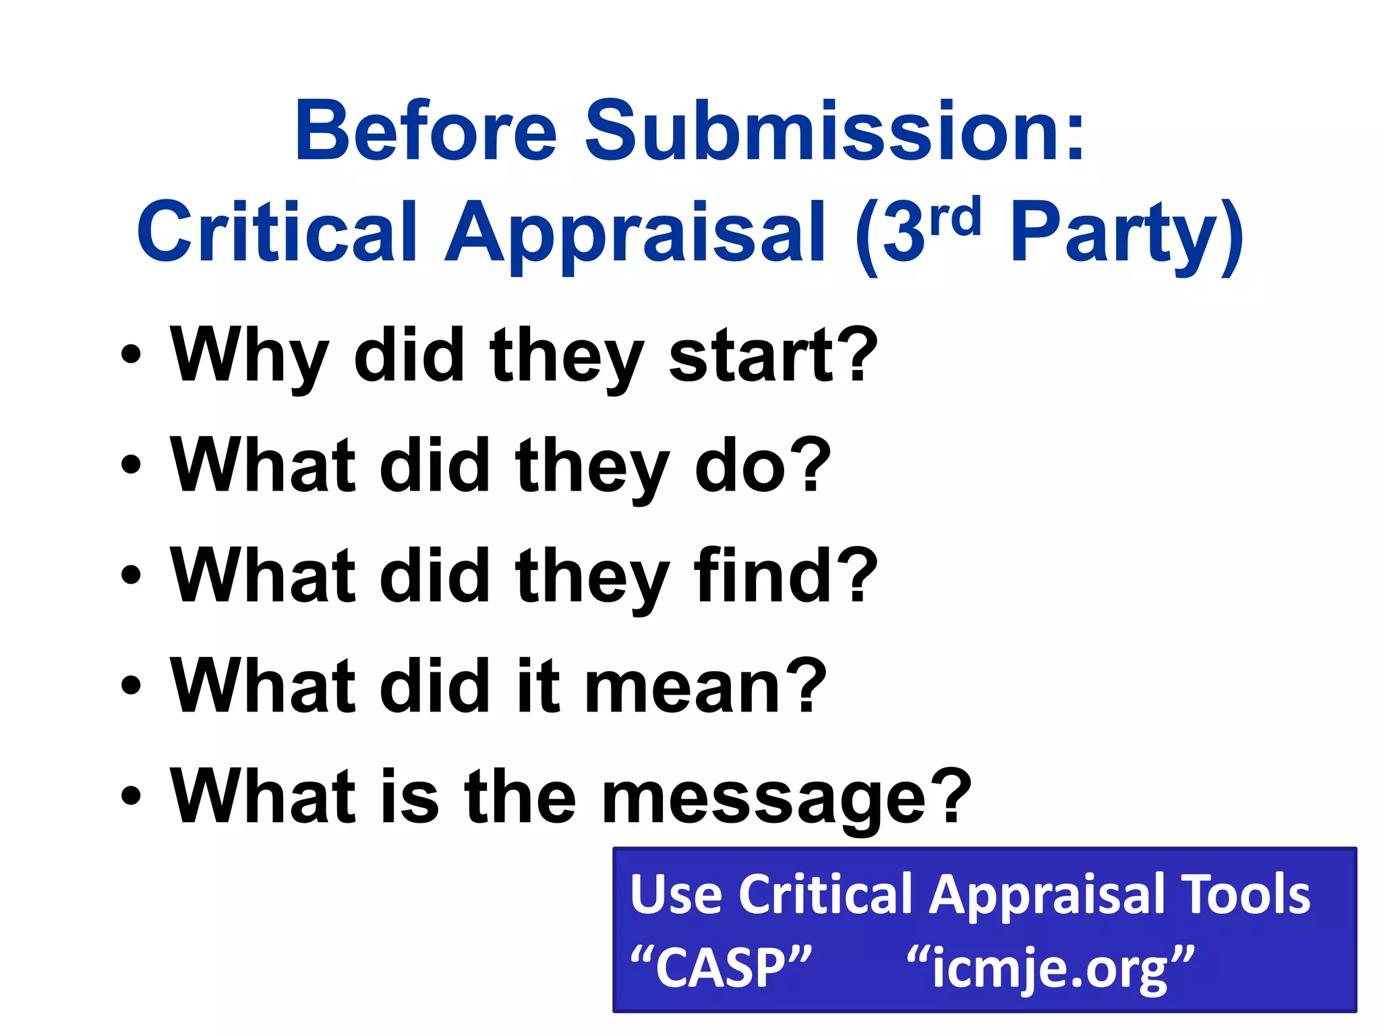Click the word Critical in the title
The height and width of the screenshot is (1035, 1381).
277,233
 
